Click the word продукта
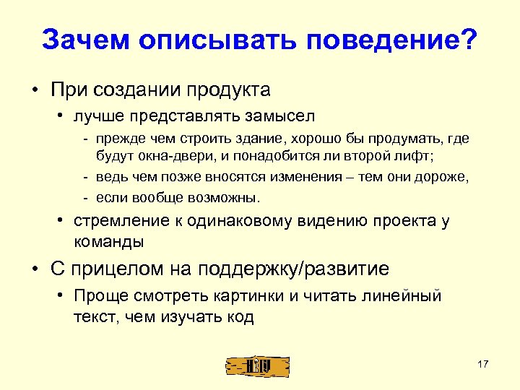coord(229,90)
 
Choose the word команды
coord(109,240)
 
